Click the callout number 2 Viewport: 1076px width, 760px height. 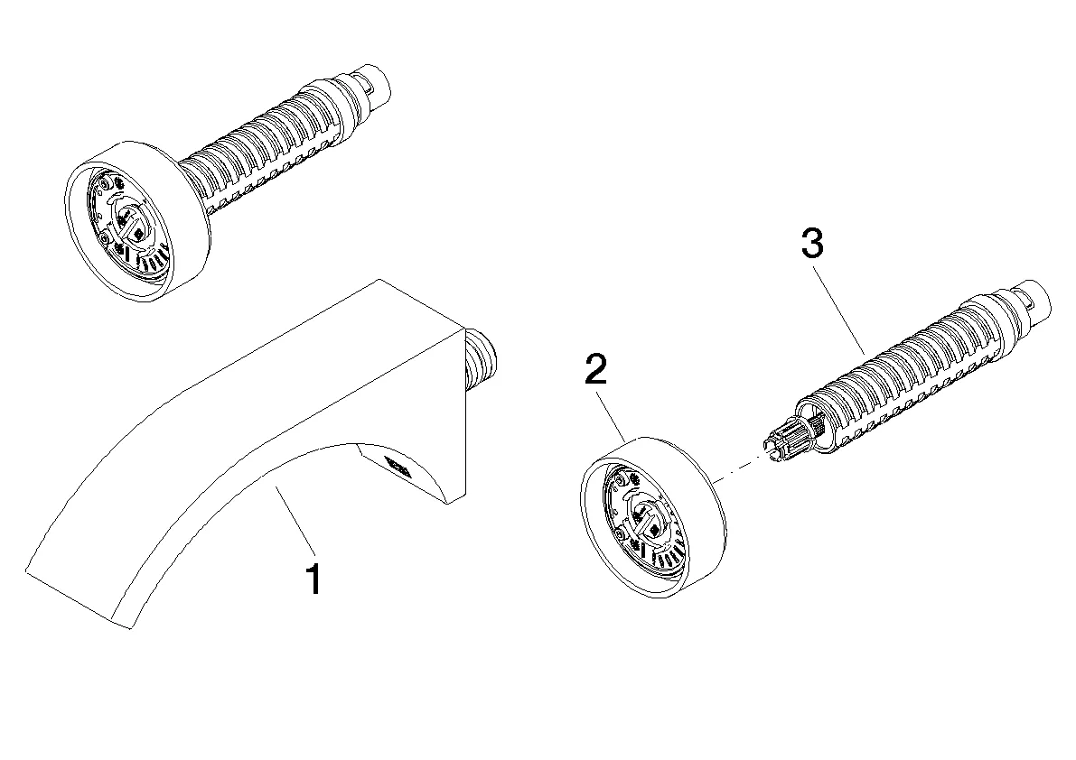pyautogui.click(x=596, y=372)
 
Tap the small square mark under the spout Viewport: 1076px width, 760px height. pyautogui.click(x=398, y=467)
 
